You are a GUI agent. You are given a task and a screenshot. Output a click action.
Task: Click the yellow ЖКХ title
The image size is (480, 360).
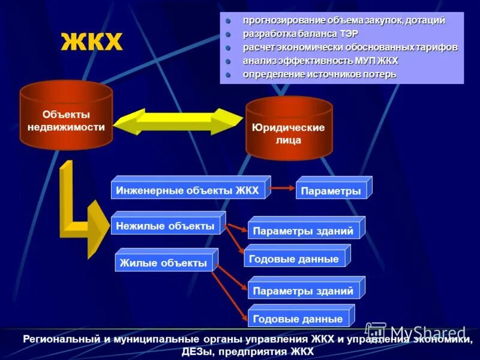click(x=91, y=43)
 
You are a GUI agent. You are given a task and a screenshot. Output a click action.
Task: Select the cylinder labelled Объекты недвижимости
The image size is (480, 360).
click(x=66, y=120)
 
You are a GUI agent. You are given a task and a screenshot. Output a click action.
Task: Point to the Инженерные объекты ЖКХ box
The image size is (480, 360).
click(x=188, y=190)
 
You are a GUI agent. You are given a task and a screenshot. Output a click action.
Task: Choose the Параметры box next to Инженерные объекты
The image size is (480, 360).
click(x=331, y=191)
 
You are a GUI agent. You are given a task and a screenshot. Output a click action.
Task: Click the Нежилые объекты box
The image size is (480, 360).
click(x=165, y=226)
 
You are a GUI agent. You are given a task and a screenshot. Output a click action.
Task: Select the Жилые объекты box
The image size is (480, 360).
click(x=163, y=262)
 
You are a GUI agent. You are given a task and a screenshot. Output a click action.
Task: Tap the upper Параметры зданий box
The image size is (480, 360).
click(x=303, y=230)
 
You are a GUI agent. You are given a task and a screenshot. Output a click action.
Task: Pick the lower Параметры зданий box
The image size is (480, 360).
click(x=303, y=291)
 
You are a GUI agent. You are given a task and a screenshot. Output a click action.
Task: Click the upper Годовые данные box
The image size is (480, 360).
click(x=295, y=259)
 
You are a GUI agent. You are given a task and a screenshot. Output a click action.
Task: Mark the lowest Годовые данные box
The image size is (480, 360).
click(x=298, y=319)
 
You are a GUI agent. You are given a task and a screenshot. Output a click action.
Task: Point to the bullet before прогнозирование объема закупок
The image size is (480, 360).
click(x=228, y=21)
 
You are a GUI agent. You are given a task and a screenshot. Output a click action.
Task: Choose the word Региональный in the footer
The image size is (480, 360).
click(x=56, y=340)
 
